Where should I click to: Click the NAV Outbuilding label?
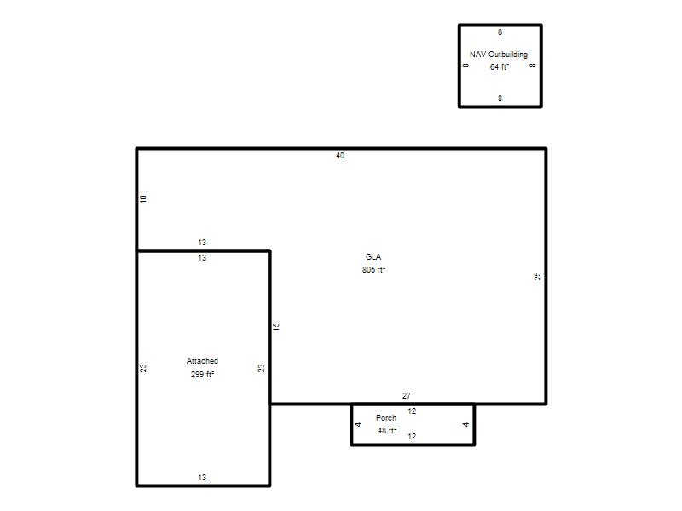tap(499, 55)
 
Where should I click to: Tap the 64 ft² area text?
tap(500, 67)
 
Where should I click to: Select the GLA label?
tap(373, 257)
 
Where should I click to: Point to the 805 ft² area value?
tap(374, 269)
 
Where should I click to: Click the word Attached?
tap(202, 360)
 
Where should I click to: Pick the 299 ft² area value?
tap(202, 374)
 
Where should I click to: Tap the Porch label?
tap(386, 417)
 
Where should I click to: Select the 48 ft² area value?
tap(387, 431)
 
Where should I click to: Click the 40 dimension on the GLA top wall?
tap(340, 156)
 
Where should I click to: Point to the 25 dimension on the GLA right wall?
tap(538, 276)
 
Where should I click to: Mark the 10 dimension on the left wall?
tap(143, 198)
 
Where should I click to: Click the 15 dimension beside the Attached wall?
tap(276, 326)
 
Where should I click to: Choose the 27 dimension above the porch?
tap(407, 395)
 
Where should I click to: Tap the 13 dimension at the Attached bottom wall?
tap(202, 478)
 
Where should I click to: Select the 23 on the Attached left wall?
tap(143, 368)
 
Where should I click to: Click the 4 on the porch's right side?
tap(465, 424)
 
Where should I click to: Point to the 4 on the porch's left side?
tap(358, 424)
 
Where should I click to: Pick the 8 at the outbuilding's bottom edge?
tap(500, 98)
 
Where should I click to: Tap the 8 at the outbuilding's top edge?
tap(500, 32)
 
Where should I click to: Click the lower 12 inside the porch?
tap(412, 437)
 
